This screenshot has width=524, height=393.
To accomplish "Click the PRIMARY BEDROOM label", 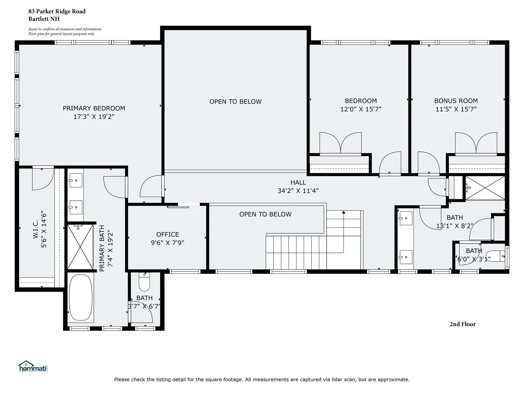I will tap(94, 108).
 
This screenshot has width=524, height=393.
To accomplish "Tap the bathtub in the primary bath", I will tap(81, 297).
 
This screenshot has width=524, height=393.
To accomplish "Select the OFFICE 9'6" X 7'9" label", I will tap(168, 239).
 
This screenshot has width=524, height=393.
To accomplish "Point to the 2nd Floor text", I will tap(463, 324).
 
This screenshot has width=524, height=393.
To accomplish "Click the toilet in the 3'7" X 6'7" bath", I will tap(144, 282).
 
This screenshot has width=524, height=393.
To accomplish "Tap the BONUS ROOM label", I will tap(456, 101).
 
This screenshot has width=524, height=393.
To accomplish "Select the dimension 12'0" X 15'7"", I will tap(361, 109).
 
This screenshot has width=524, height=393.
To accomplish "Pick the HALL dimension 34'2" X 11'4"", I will tap(298, 191).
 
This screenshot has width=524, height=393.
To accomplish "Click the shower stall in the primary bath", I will tap(80, 247).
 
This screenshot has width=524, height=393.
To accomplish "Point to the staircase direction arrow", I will tap(344, 212).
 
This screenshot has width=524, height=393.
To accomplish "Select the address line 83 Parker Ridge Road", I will tap(57, 11).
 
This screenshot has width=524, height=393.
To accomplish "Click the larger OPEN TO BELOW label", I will tap(236, 102).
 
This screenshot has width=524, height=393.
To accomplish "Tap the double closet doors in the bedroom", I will tap(341, 143).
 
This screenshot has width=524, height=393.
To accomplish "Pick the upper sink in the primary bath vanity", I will tap(76, 180).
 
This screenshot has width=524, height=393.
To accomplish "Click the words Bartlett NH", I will tap(44, 19).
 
